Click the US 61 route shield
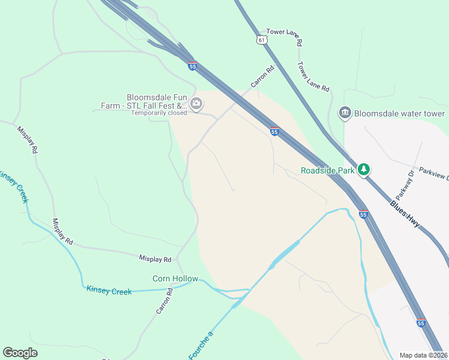[x=260, y=40]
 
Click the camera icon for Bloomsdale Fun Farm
[x=196, y=104]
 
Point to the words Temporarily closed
[x=160, y=113]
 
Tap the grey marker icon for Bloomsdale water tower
[x=345, y=112]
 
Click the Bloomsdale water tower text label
[x=399, y=113]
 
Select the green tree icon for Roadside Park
[x=363, y=170]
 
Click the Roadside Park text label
[x=328, y=171]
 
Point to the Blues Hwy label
[x=405, y=214]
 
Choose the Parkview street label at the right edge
[x=433, y=174]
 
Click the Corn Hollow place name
[x=175, y=278]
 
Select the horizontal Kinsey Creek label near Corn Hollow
[x=109, y=291]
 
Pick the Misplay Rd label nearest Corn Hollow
[x=155, y=259]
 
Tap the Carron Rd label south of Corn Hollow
[x=164, y=301]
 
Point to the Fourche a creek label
[x=201, y=345]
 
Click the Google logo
[x=20, y=353]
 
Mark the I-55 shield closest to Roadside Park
[x=363, y=214]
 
